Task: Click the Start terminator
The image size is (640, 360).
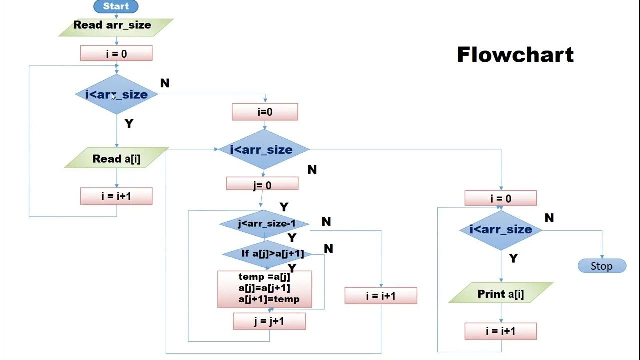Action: (116, 6)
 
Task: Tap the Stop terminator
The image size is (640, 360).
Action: (602, 266)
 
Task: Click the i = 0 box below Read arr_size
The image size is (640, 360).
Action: (116, 53)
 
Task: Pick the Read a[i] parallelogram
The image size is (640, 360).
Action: (116, 159)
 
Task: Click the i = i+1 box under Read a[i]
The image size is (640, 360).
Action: (116, 196)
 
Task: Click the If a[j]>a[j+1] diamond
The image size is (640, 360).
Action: (267, 254)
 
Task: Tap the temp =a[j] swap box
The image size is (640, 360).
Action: (265, 288)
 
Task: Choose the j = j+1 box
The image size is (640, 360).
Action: (269, 321)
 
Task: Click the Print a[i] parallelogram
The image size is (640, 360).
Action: (501, 293)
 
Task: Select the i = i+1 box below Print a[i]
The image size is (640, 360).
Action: (501, 331)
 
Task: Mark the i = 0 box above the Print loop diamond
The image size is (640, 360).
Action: (501, 198)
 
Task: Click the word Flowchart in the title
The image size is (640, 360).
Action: (515, 54)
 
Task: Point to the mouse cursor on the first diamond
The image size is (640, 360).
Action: (113, 96)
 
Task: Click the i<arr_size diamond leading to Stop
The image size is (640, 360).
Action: (501, 230)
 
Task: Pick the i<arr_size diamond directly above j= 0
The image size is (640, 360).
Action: (264, 149)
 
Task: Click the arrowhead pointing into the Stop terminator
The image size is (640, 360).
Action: (602, 256)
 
